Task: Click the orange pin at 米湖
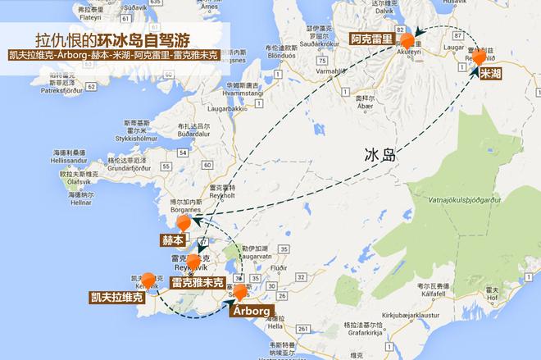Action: point(480,59)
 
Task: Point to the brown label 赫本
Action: point(173,240)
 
